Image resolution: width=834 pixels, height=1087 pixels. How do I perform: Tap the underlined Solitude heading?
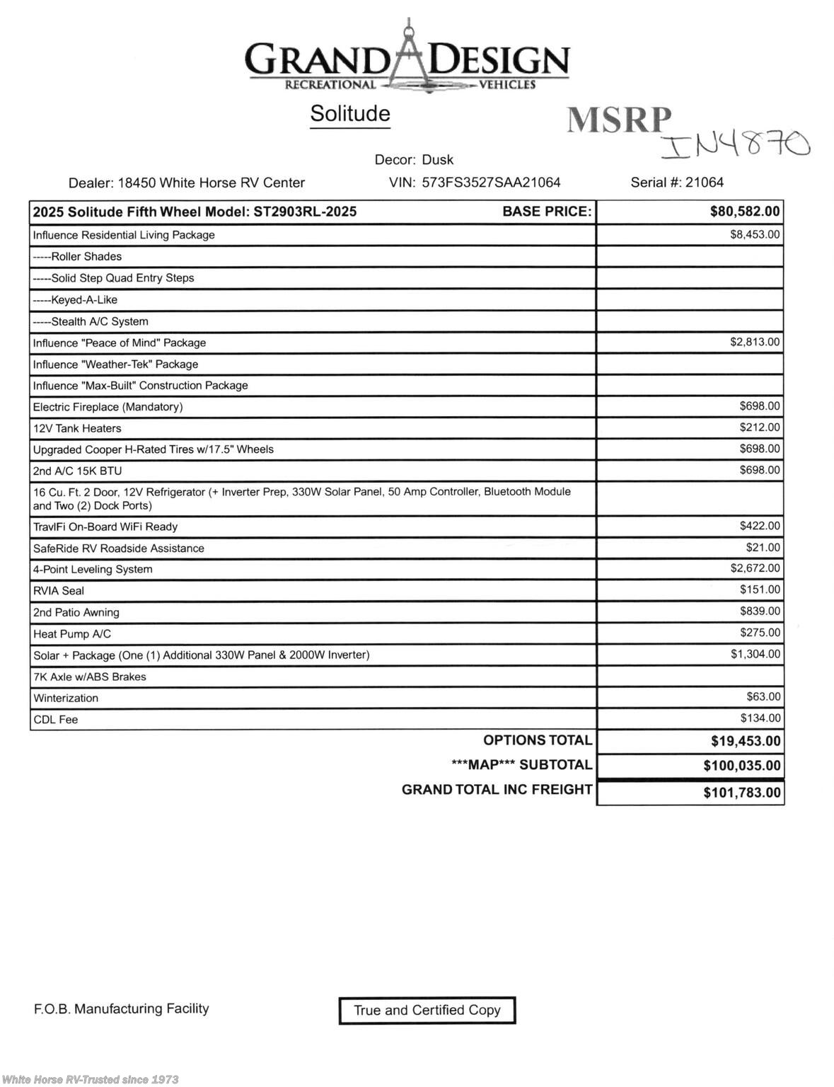tap(350, 113)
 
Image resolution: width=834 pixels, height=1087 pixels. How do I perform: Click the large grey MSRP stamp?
tap(619, 120)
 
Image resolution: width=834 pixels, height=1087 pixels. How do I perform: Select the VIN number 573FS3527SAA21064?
tap(491, 183)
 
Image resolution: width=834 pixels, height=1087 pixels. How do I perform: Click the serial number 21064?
tap(705, 183)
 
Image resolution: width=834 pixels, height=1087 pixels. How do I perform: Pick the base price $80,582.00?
tap(745, 212)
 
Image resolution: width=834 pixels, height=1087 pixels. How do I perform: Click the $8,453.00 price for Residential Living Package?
tap(755, 234)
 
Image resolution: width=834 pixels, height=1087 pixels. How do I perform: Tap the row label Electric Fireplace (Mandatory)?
tap(108, 407)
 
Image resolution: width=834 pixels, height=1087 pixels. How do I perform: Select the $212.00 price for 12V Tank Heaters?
tap(760, 427)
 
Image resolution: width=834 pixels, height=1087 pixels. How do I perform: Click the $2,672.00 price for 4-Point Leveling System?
tap(755, 568)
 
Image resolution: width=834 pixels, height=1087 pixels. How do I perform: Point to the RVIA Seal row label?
tap(59, 591)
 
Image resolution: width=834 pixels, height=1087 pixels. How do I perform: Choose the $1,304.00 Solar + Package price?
tap(755, 654)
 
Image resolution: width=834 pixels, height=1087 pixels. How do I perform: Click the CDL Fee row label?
tap(55, 720)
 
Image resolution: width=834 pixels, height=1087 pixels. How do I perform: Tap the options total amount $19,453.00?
tap(746, 741)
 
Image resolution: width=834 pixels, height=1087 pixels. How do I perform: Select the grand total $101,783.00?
tap(742, 793)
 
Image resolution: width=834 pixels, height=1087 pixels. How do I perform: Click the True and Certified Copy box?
tap(427, 1010)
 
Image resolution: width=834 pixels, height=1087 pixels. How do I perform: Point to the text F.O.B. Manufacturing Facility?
tap(121, 1008)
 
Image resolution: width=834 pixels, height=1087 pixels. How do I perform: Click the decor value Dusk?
tap(437, 160)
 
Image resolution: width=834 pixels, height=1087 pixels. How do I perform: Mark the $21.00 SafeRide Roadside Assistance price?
tap(763, 547)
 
